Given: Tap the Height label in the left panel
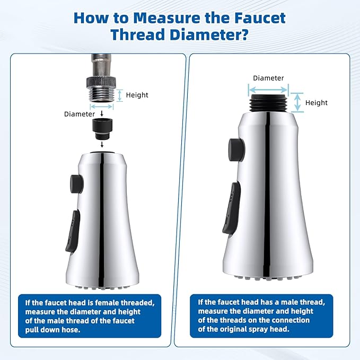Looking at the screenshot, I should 137,95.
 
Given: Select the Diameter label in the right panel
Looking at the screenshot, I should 268,77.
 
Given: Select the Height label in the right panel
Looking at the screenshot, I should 317,102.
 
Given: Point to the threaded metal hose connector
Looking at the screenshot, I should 101,92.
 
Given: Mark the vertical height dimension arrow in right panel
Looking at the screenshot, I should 298,102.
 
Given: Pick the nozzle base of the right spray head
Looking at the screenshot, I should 268,275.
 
